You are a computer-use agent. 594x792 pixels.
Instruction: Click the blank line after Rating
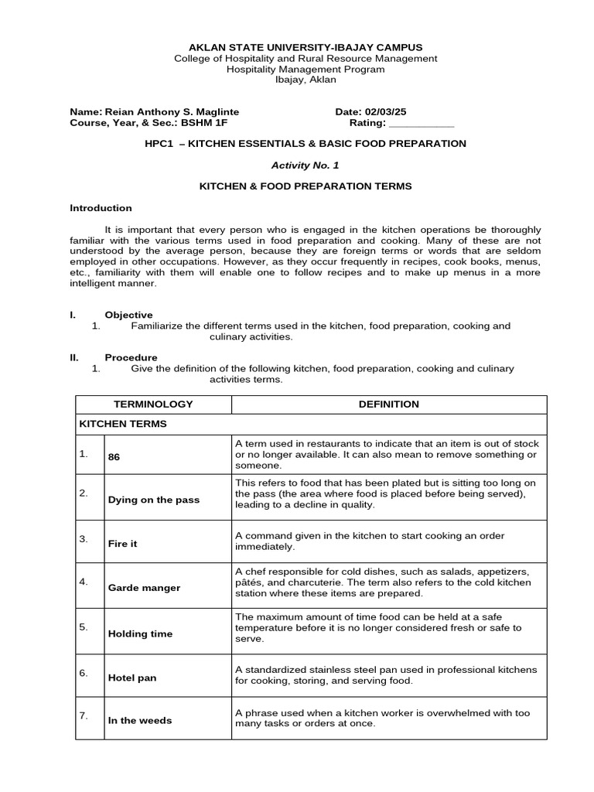tap(422, 123)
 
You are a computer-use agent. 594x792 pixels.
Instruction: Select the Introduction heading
tap(101, 208)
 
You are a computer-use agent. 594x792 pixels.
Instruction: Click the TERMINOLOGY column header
tap(153, 405)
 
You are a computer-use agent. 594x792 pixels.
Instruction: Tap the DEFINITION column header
tap(388, 405)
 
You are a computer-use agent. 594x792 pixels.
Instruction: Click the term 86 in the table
tap(114, 457)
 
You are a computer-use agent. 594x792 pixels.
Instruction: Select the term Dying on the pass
tap(153, 500)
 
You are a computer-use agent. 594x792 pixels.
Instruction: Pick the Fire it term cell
tap(122, 544)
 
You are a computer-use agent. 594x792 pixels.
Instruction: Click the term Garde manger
tap(144, 588)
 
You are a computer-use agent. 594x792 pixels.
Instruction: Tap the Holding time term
tap(140, 633)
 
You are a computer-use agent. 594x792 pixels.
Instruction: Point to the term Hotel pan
tap(131, 678)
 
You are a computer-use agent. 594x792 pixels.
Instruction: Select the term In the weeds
tap(140, 720)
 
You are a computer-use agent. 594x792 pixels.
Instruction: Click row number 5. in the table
tap(84, 627)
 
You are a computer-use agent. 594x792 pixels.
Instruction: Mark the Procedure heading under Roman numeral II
tap(131, 357)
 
